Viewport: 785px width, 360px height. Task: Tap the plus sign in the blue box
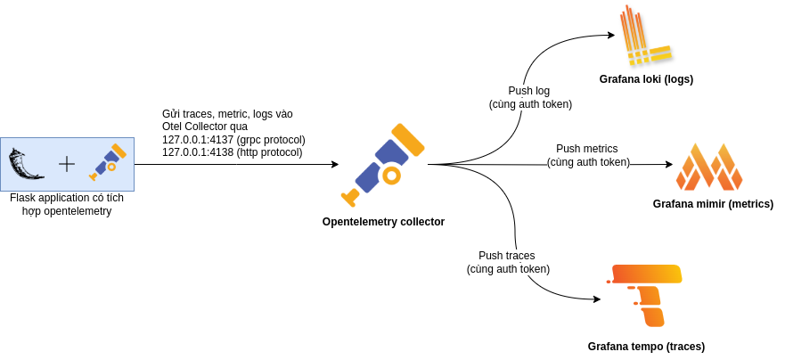(x=67, y=164)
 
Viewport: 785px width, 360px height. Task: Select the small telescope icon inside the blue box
(x=108, y=162)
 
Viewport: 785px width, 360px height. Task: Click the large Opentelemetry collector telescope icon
(x=382, y=165)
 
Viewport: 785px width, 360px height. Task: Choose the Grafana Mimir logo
(x=709, y=167)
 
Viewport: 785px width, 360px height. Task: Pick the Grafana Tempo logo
(x=644, y=296)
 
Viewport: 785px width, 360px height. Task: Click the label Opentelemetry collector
(x=383, y=222)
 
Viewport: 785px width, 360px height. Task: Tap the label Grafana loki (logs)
(x=646, y=79)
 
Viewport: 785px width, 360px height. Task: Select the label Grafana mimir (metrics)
(x=713, y=204)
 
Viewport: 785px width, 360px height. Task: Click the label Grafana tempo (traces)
(x=646, y=347)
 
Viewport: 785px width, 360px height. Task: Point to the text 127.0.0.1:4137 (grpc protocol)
(x=233, y=139)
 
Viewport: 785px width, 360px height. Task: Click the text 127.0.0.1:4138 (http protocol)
(x=233, y=151)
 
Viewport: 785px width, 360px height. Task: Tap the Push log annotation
(x=529, y=98)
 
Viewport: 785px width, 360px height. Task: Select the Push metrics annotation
(x=588, y=155)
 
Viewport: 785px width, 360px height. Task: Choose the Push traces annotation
(x=508, y=262)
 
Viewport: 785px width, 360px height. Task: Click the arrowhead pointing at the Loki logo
(x=610, y=35)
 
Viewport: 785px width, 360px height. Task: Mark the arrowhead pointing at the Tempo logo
(x=596, y=299)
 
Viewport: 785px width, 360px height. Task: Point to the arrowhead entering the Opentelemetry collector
(x=335, y=164)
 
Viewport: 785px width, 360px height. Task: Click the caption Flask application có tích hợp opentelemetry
(x=67, y=205)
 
